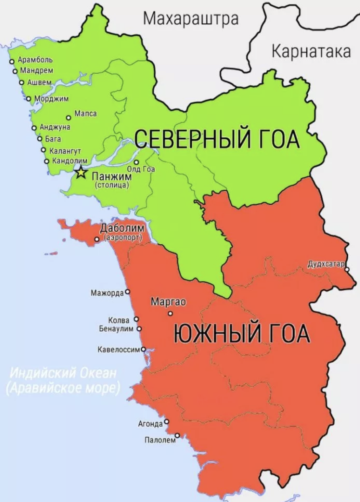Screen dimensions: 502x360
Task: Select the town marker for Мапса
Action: point(69,118)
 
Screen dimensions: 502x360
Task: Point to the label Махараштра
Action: point(191,18)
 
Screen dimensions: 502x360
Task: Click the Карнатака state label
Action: point(311,51)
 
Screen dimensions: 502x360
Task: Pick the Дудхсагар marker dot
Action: point(347,270)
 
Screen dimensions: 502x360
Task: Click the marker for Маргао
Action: point(170,313)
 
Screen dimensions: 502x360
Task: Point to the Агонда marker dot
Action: point(167,422)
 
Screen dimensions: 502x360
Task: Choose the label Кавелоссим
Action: point(119,349)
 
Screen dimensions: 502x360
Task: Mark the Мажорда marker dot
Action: point(127,292)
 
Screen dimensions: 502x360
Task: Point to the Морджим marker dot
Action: point(29,99)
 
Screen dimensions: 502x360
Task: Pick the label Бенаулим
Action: point(116,328)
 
